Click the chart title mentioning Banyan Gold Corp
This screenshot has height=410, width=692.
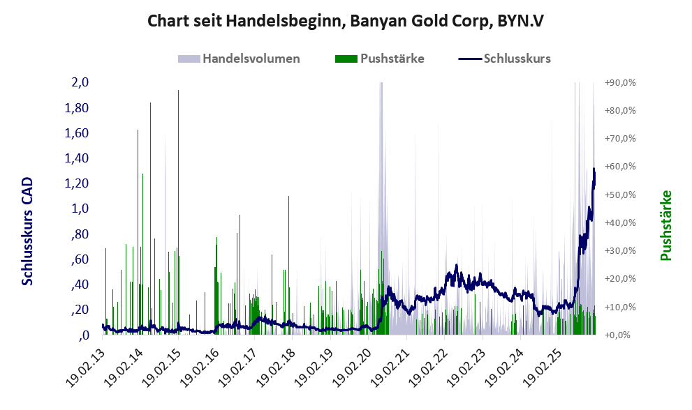(346, 21)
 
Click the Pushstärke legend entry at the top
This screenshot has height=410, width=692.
(392, 59)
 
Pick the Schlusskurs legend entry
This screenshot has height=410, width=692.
(517, 59)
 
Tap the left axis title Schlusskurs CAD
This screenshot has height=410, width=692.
(27, 231)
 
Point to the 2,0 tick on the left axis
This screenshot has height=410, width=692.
(80, 82)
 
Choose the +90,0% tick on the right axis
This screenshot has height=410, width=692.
(619, 82)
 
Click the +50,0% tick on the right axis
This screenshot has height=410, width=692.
(619, 195)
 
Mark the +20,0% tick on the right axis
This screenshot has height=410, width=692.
(619, 279)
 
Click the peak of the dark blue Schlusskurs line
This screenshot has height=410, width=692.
(594, 169)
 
